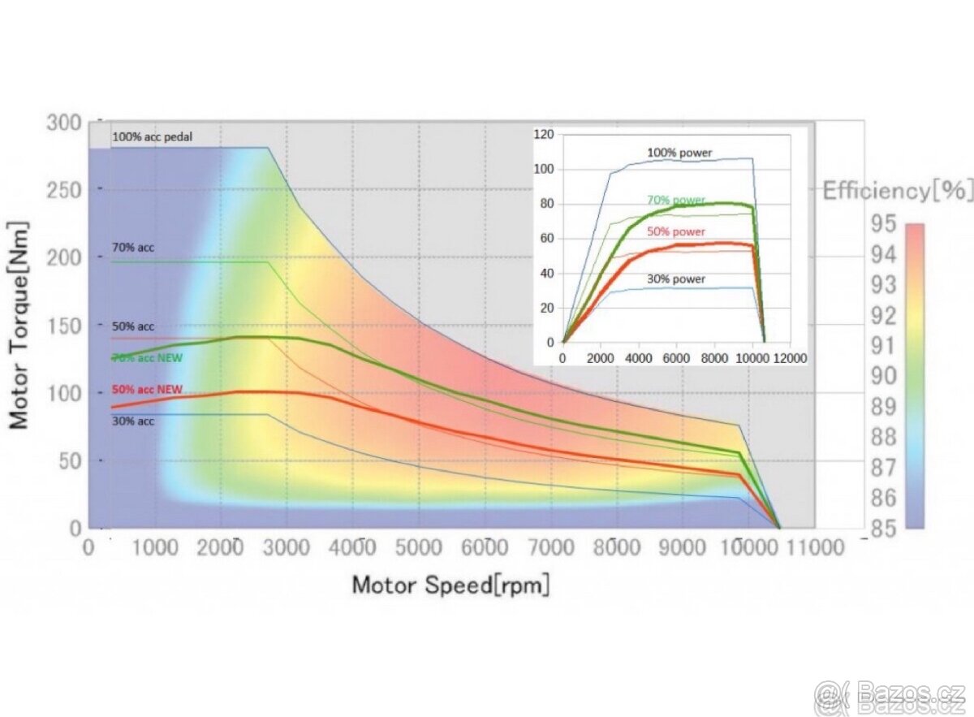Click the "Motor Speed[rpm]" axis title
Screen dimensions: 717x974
[x=450, y=585]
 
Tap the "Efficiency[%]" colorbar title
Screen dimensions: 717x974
[x=897, y=192]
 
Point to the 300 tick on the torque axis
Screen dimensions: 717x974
[x=64, y=123]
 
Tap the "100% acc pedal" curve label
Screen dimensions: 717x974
[x=153, y=136]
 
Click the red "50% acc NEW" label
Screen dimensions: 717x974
[x=147, y=390]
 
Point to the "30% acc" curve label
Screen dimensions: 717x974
[x=133, y=421]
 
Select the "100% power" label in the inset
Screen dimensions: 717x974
[x=678, y=152]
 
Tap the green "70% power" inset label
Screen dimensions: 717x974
[x=676, y=200]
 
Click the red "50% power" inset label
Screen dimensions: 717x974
[x=676, y=231]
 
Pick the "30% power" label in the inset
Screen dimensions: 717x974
[x=676, y=279]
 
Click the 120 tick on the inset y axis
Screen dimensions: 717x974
[x=543, y=135]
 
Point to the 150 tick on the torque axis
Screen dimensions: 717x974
[x=64, y=326]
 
